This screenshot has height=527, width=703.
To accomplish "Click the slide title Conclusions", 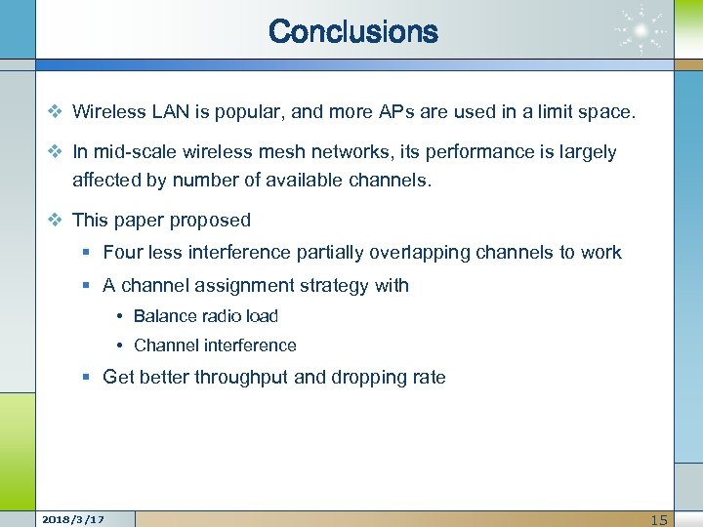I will (x=352, y=31).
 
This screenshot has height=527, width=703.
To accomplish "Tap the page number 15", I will (x=660, y=519).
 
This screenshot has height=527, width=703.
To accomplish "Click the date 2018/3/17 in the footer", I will (x=74, y=519).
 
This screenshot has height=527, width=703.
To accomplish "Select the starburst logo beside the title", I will (x=641, y=33).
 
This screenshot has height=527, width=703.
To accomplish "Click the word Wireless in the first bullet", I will (x=108, y=112).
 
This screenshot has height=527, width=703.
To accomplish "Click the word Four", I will (x=122, y=252).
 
